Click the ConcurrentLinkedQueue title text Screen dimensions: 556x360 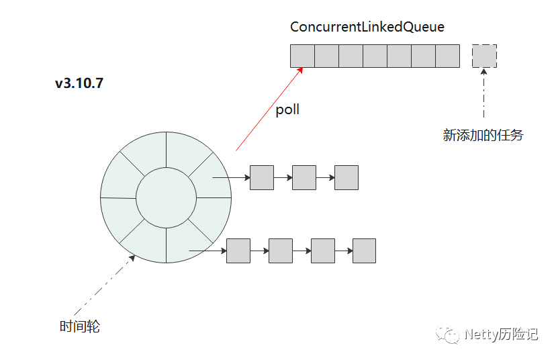367,27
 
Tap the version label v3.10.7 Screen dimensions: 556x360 79,83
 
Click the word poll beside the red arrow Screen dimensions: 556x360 287,109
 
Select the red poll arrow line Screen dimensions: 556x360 269,109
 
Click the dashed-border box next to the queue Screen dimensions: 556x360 484,56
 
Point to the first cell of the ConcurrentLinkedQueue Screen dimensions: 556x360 302,56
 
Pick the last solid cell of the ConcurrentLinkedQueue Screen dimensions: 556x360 447,56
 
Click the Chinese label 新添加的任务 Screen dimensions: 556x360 483,135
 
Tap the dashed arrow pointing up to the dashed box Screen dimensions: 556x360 483,93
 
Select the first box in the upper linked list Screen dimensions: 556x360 262,177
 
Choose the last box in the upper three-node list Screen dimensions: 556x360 346,177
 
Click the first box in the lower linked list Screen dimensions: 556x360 238,251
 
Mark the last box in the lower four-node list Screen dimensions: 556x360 364,251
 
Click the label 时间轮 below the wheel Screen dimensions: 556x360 80,326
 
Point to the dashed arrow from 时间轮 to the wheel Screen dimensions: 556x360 105,285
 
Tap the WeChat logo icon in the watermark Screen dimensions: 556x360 447,334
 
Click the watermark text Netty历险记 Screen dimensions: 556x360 502,334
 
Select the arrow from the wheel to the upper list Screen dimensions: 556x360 231,177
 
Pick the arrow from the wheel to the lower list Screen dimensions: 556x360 207,251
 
